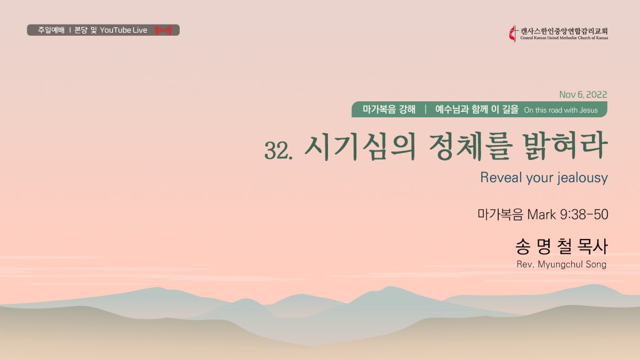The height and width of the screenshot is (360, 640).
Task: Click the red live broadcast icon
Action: (x=163, y=30)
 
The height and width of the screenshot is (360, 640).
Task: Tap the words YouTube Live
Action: (x=123, y=30)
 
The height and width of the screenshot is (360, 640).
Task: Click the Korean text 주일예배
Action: (x=51, y=30)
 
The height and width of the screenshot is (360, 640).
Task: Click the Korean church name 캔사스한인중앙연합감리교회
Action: (x=564, y=31)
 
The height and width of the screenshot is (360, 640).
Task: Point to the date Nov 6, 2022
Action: (x=583, y=94)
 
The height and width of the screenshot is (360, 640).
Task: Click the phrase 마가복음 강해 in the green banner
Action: (x=389, y=109)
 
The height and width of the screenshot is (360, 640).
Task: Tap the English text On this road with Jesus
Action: (x=561, y=110)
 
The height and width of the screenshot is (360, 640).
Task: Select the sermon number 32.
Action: (x=278, y=150)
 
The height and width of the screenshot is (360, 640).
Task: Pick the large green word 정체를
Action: (x=469, y=147)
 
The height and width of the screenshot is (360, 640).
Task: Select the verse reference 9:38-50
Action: (x=584, y=214)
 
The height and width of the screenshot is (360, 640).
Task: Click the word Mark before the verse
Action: (x=541, y=214)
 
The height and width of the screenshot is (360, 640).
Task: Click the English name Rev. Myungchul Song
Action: (x=562, y=265)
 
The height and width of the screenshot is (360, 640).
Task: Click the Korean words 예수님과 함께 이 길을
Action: (x=477, y=109)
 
